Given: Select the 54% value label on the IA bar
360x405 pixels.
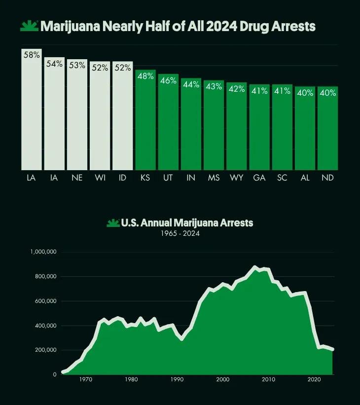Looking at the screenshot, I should [x=54, y=64].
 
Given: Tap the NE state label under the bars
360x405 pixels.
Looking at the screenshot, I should [x=77, y=178].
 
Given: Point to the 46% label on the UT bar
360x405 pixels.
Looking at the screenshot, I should [x=168, y=80].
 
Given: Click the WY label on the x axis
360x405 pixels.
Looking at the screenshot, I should [x=237, y=178].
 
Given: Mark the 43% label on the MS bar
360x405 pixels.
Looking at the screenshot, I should [x=214, y=86].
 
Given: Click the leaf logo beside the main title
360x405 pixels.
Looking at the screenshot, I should [x=29, y=27].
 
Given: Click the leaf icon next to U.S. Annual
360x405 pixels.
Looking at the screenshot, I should [x=113, y=223].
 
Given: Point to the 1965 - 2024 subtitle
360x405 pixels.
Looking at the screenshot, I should [x=180, y=234].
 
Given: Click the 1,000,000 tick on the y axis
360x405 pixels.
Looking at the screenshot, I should [x=43, y=252].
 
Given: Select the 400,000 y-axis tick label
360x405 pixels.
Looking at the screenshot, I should [x=46, y=326].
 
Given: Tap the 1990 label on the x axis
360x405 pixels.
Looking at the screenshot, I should [x=177, y=379].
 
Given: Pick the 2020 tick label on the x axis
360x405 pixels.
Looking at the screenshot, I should [x=314, y=379].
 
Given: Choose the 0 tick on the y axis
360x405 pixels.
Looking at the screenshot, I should [x=55, y=374].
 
